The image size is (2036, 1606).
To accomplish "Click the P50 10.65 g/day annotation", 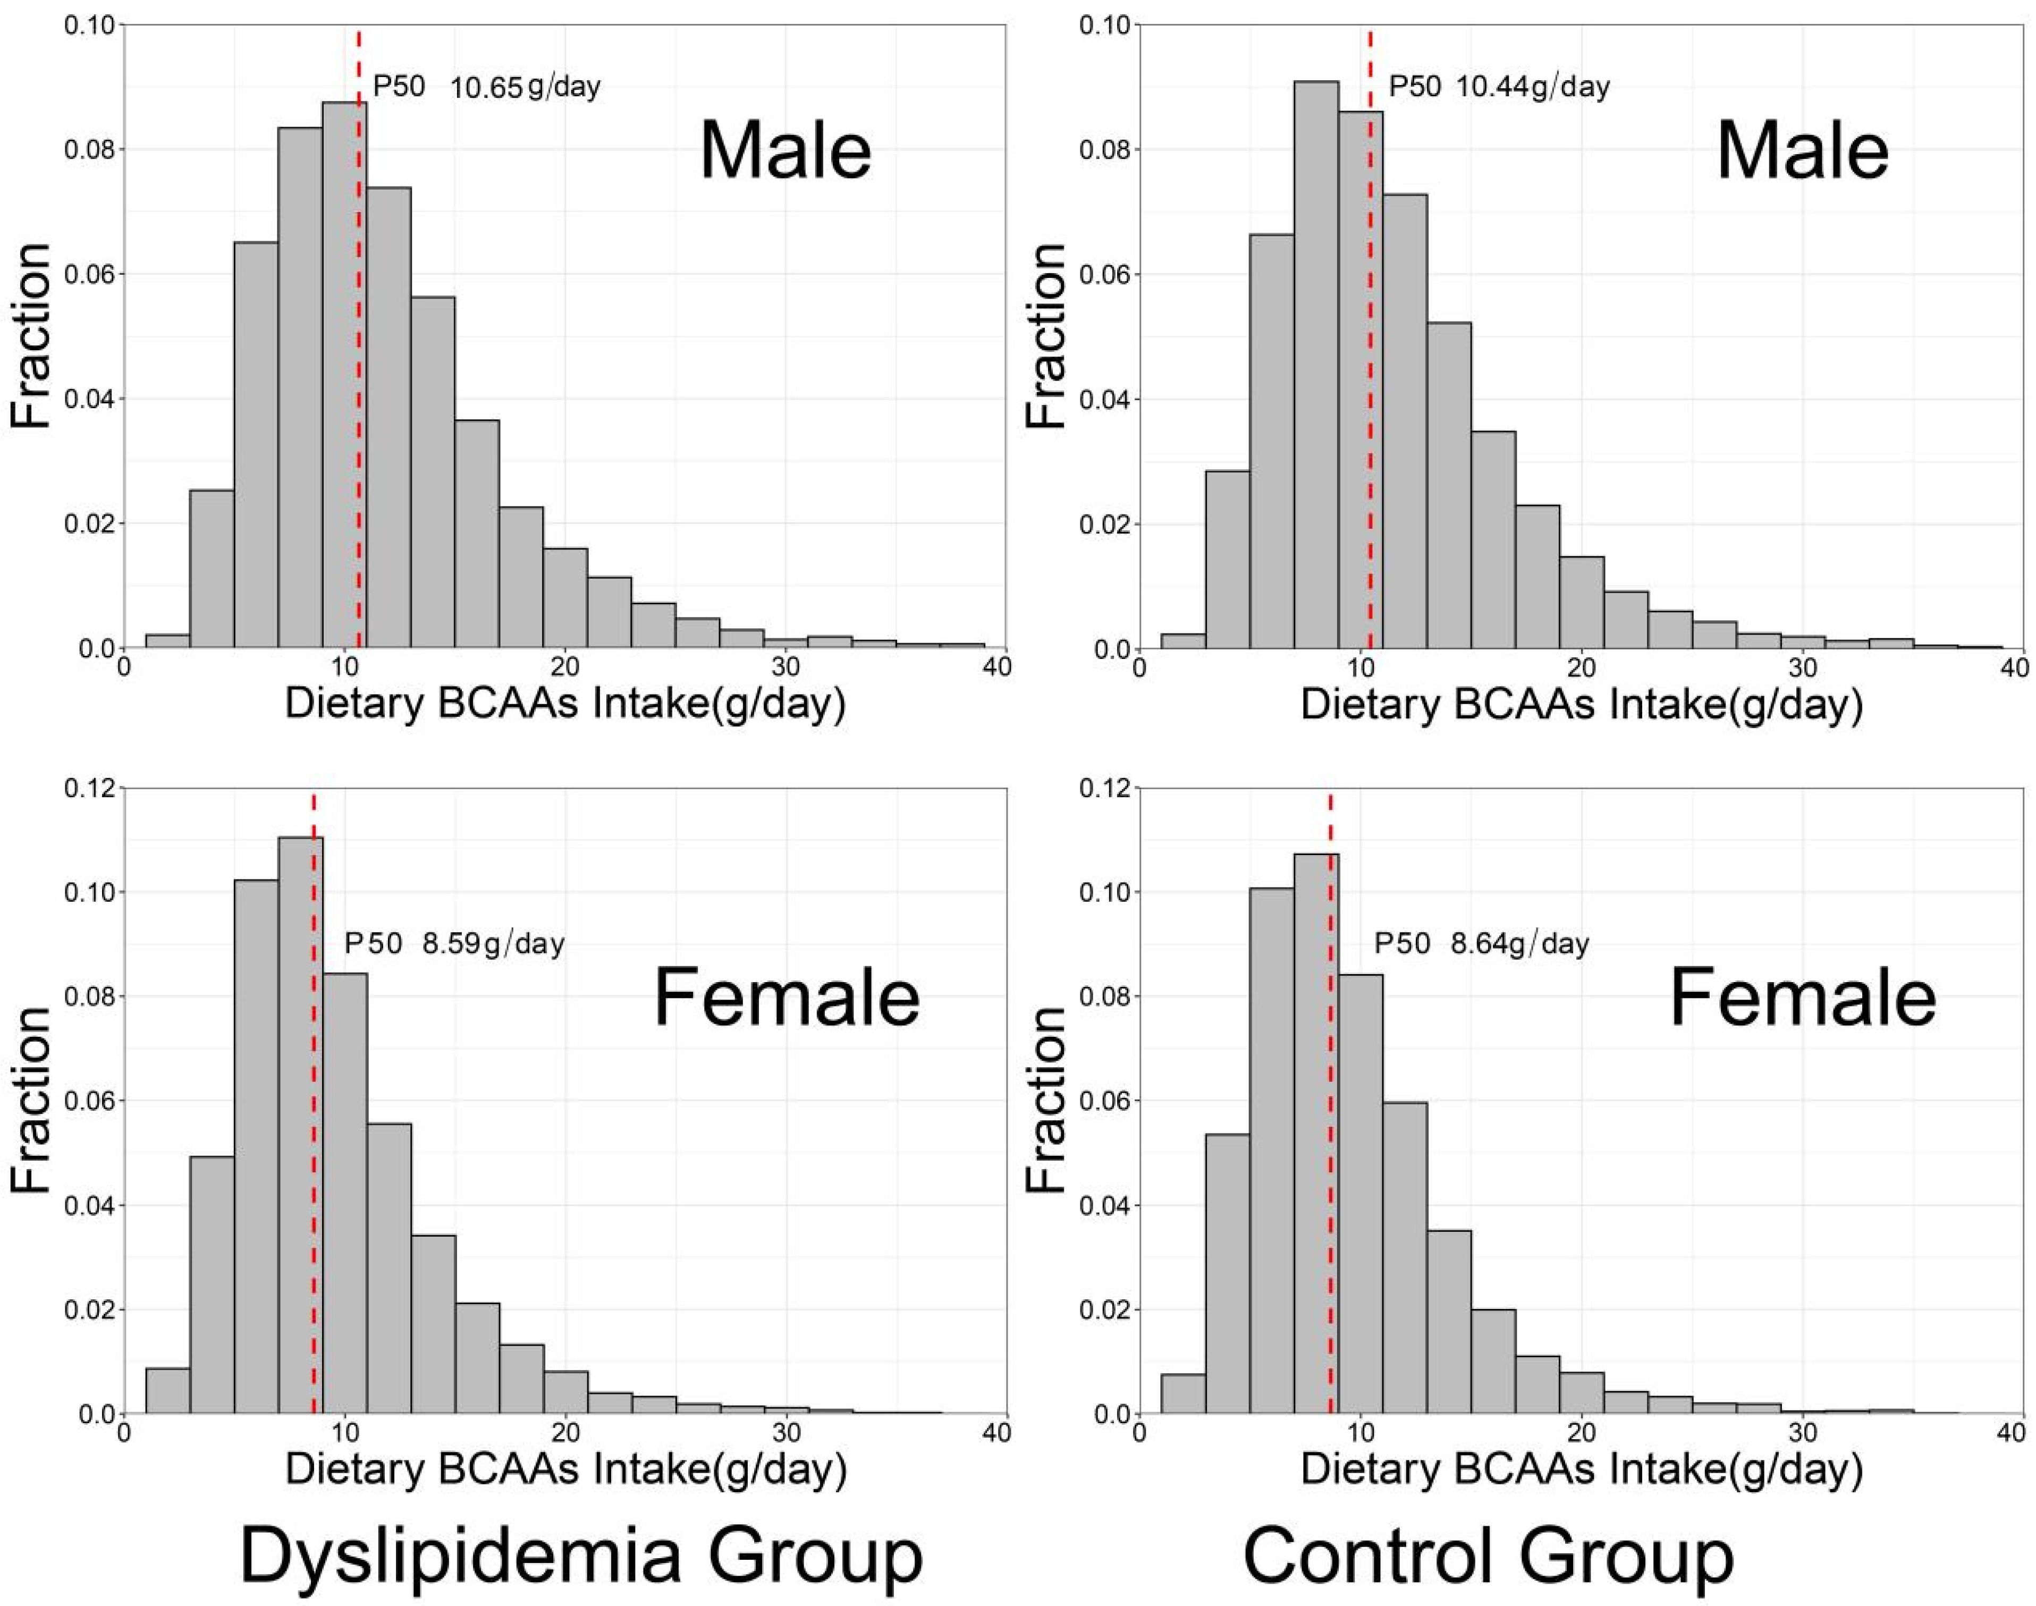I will point(486,88).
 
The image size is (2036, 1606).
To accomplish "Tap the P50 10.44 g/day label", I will point(1499,88).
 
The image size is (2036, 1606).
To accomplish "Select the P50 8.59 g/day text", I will point(454,943).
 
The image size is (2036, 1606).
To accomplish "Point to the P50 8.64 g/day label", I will point(1481,943).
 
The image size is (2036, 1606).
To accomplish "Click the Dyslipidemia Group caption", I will point(581,1556).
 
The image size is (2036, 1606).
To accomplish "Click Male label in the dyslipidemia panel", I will point(785,153).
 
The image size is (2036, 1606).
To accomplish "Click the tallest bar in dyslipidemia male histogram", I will point(344,376).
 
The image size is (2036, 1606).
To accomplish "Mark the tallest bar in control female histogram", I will point(1316,1133).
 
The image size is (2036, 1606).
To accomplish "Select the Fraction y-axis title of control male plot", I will point(1046,336).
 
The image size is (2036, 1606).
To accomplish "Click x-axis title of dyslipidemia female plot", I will point(565,1469).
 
